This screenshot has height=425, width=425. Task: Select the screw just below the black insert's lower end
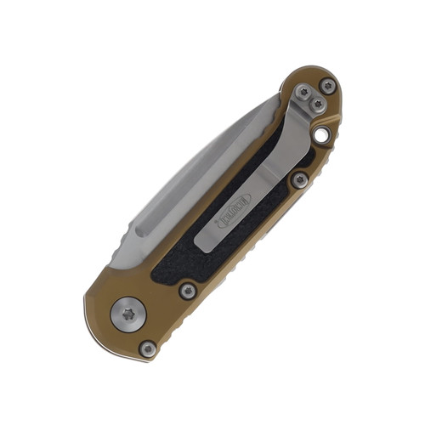coord(186,291)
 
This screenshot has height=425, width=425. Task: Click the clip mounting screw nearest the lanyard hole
coord(318,102)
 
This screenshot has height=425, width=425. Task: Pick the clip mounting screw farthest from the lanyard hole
coord(304,91)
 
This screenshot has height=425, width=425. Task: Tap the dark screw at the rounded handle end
coord(326,85)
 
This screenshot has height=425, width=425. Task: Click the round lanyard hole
coord(323,134)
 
